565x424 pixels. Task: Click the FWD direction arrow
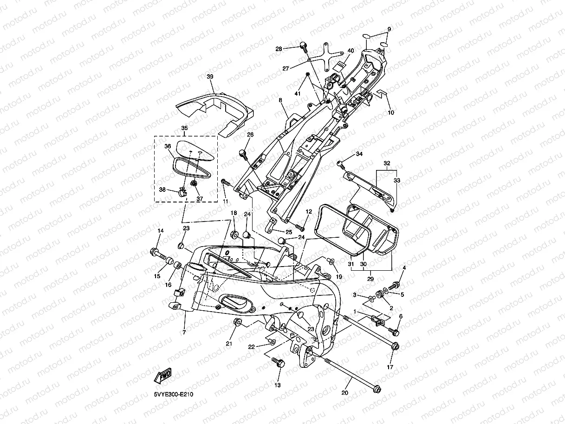[x=162, y=375]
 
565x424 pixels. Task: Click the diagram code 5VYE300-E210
[x=174, y=394]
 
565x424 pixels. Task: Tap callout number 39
[x=210, y=77]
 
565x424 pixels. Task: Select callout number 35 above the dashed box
[x=185, y=128]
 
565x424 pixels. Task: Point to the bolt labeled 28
[x=304, y=47]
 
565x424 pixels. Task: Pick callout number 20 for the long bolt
[x=344, y=392]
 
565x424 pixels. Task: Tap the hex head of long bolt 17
[x=396, y=346]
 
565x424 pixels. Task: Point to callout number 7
[x=184, y=333]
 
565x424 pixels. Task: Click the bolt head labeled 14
[x=154, y=251]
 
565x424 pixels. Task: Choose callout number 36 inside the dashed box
[x=168, y=146]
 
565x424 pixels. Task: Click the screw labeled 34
[x=341, y=164]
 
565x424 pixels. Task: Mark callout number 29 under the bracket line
[x=370, y=279]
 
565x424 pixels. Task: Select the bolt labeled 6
[x=394, y=332]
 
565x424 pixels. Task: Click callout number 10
[x=391, y=112]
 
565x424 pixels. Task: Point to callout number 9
[x=389, y=29]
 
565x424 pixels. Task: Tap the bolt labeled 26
[x=243, y=154]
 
